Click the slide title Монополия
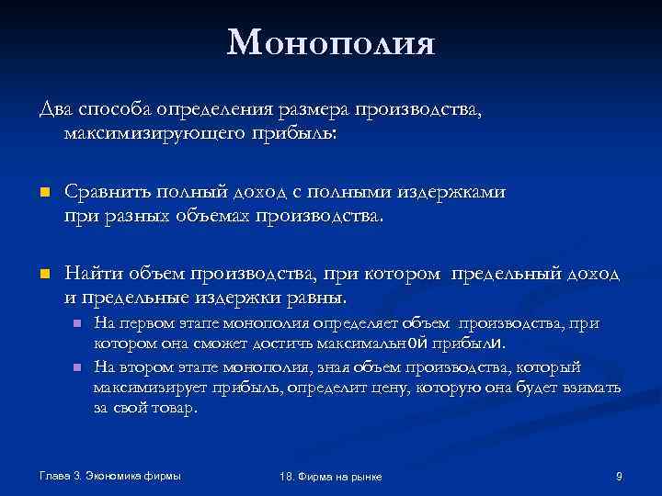tap(330, 43)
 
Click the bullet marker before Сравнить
tap(42, 193)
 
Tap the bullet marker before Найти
tap(42, 275)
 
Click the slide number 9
tap(619, 475)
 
